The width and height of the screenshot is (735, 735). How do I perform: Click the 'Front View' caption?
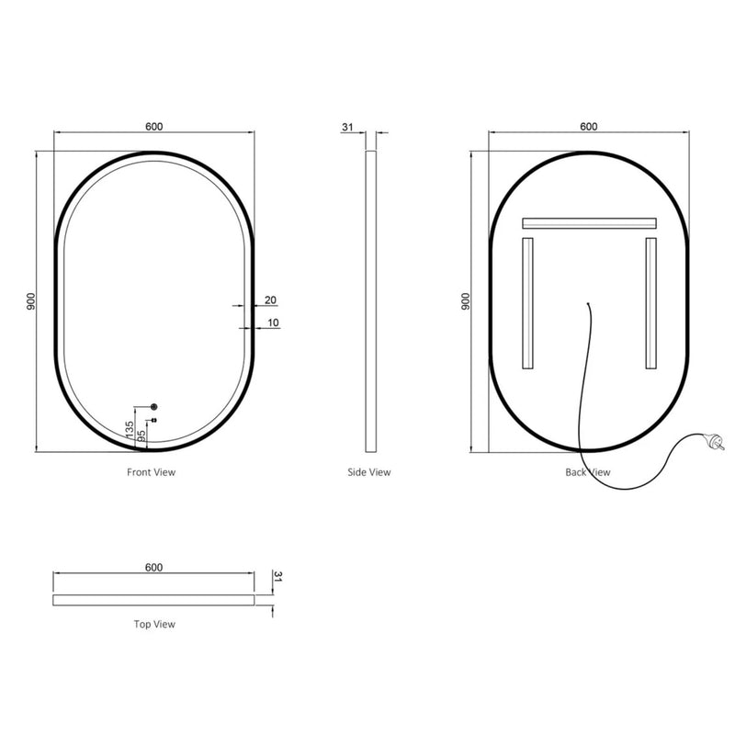[x=151, y=472]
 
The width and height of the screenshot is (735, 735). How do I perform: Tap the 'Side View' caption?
[x=369, y=472]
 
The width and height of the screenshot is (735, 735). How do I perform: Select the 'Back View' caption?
[x=588, y=472]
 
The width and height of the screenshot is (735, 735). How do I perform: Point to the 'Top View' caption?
[x=154, y=624]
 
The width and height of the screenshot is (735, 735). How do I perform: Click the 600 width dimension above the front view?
[x=153, y=127]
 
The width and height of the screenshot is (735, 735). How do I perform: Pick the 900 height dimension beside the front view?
[x=30, y=301]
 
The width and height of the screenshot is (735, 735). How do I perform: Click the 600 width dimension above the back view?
[x=588, y=127]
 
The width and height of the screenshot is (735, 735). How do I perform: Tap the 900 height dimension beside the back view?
[x=466, y=301]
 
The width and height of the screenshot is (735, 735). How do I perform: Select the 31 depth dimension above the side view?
[x=347, y=127]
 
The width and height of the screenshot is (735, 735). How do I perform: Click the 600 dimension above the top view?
[x=153, y=568]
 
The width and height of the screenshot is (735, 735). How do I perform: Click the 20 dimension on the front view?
[x=270, y=300]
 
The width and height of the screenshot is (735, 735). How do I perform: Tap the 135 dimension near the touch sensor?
[x=130, y=428]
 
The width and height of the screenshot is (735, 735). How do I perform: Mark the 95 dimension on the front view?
[x=141, y=436]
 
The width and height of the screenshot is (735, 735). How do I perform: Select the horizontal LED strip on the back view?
[x=588, y=223]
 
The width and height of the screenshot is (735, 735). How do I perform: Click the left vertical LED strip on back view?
[x=527, y=303]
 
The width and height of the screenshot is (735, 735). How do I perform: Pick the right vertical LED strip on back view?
[x=650, y=303]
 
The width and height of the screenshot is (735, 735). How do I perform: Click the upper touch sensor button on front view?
[x=153, y=406]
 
